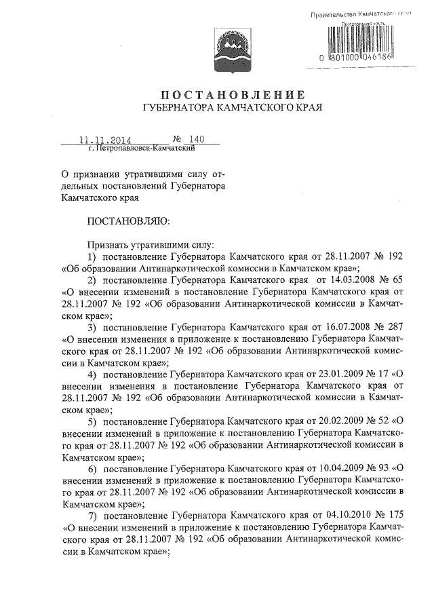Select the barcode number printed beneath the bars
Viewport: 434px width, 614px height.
[367, 60]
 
